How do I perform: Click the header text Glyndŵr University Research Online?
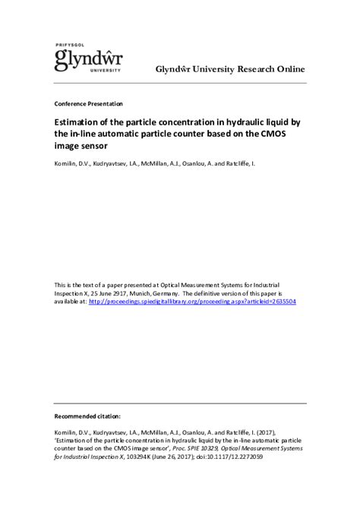point(230,69)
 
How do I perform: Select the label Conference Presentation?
point(89,103)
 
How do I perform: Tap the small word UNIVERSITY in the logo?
point(105,70)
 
